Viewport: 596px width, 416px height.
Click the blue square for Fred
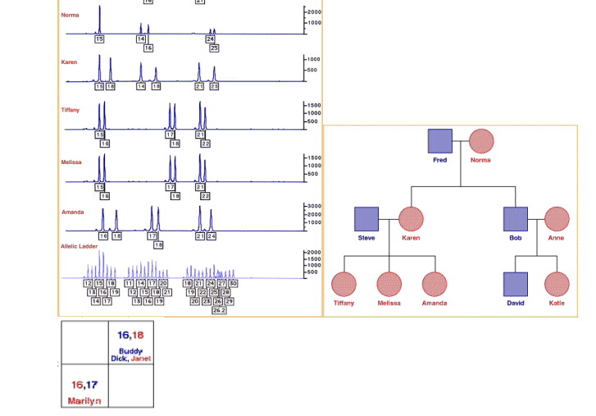440,141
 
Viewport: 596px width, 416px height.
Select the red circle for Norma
480,141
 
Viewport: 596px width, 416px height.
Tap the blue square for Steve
366,219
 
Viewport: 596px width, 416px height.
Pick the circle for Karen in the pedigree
411,219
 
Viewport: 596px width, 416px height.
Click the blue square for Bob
514,219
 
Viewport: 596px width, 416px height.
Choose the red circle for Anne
556,219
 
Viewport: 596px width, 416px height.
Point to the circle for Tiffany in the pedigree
343,284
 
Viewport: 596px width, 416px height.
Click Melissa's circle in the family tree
389,284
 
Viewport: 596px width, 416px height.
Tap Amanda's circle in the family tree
434,284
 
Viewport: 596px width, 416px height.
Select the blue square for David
514,284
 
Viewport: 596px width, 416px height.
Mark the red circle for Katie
556,284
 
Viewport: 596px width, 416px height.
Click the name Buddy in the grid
130,350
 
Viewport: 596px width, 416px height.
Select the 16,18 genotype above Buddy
130,335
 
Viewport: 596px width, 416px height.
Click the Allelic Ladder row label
80,246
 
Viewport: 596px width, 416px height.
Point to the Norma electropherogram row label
70,15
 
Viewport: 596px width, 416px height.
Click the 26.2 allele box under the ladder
219,310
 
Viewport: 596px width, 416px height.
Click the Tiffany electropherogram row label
71,109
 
